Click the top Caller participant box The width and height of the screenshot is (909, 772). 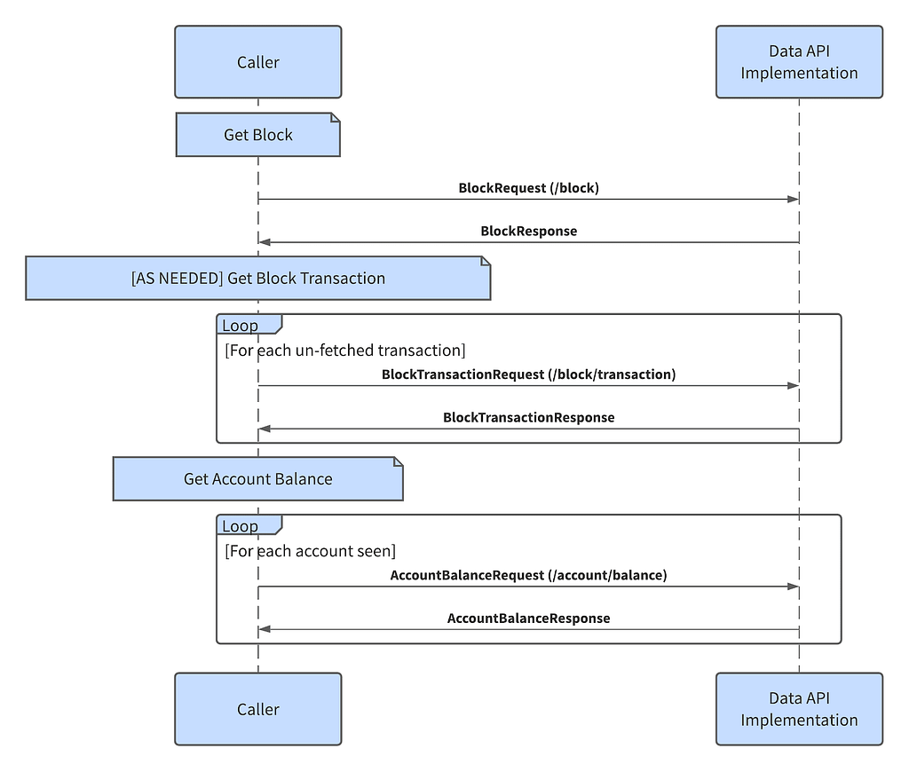click(258, 61)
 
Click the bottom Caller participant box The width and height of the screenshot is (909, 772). click(258, 709)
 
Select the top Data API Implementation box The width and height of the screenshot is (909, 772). click(800, 61)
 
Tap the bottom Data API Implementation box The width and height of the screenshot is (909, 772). click(800, 709)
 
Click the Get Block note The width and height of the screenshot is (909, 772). click(258, 135)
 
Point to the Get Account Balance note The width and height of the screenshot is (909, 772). click(258, 479)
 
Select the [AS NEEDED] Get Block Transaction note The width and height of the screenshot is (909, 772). click(258, 279)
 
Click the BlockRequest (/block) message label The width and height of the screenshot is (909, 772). click(529, 188)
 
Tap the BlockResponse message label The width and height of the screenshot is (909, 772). click(529, 231)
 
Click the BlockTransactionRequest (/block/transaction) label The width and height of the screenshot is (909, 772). click(529, 374)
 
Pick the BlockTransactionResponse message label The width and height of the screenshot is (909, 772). click(529, 417)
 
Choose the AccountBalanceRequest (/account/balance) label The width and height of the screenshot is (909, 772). click(529, 575)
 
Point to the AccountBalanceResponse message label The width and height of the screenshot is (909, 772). click(529, 618)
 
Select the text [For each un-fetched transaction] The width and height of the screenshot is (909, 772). click(345, 351)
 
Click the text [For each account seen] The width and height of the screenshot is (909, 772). click(310, 550)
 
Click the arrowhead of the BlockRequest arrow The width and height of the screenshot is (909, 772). click(793, 200)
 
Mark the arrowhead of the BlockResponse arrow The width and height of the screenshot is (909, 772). click(265, 242)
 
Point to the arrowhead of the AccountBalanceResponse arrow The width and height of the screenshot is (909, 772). click(265, 629)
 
